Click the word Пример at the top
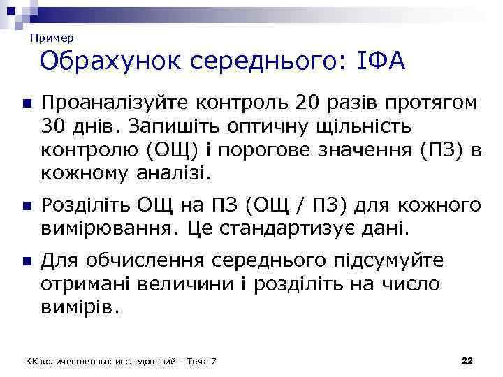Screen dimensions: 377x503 52,38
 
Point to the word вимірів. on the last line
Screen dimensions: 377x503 81,306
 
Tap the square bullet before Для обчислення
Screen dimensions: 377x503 25,262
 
